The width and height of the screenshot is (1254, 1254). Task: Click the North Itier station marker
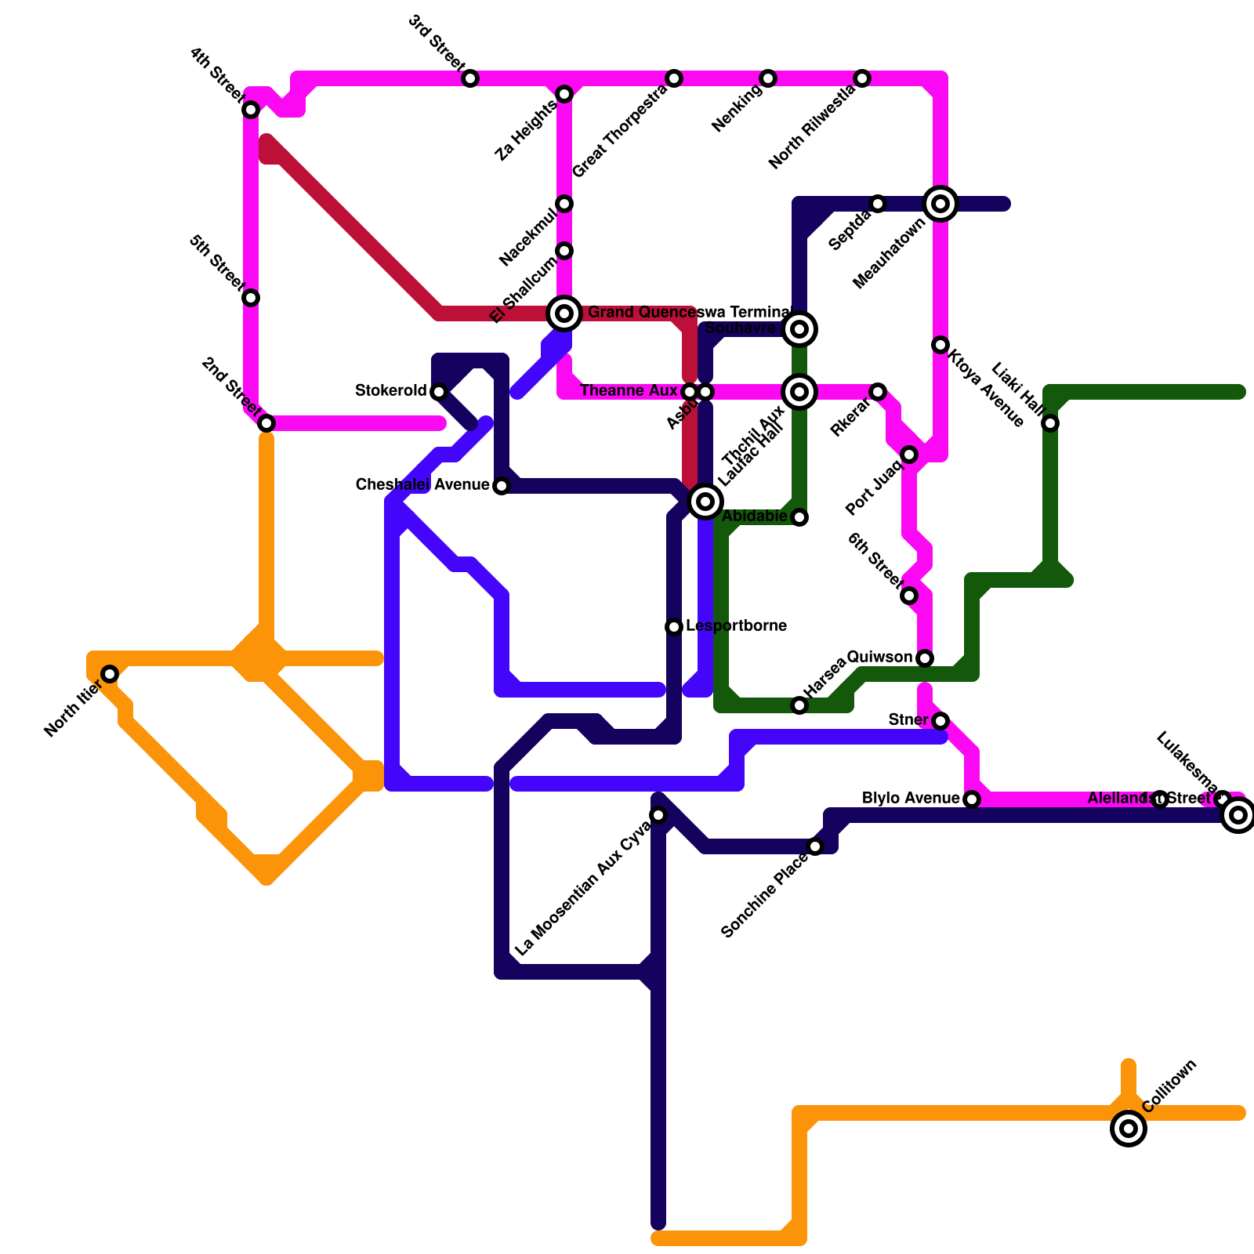(x=110, y=674)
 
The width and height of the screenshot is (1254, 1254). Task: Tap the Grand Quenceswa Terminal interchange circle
(x=564, y=313)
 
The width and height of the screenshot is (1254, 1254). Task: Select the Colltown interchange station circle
(x=1129, y=1129)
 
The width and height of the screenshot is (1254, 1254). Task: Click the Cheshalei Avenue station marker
(x=502, y=486)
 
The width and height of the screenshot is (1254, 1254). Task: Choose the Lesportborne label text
(x=736, y=626)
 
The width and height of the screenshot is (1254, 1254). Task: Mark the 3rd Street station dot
(x=470, y=78)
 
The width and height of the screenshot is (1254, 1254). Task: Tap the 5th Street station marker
(x=251, y=298)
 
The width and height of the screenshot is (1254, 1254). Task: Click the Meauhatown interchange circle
(x=940, y=204)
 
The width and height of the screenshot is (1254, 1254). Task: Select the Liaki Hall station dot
(x=1050, y=423)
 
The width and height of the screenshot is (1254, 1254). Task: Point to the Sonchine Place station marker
(x=815, y=846)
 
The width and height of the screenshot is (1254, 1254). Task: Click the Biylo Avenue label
(x=911, y=799)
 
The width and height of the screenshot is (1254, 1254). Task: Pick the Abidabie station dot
(x=799, y=517)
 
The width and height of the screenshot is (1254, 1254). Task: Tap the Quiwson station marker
(x=925, y=658)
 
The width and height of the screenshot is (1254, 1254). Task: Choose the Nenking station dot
(x=768, y=78)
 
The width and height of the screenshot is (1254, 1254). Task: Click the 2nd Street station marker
(x=266, y=423)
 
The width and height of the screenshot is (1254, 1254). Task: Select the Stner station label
(x=908, y=719)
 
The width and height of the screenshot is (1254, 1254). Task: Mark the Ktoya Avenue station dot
(x=940, y=345)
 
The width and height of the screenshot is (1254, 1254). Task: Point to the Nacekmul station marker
(x=564, y=204)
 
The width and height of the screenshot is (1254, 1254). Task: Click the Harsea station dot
(x=799, y=705)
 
